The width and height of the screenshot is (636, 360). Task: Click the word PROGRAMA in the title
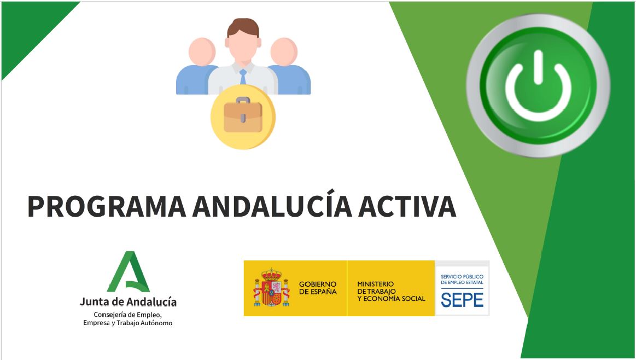[107, 206]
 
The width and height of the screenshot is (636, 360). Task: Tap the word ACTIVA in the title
[407, 206]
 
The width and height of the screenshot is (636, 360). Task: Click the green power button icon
[538, 85]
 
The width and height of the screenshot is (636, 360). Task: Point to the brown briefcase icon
[243, 117]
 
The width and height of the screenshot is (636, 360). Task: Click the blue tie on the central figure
[243, 77]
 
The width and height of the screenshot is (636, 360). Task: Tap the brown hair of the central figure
[243, 27]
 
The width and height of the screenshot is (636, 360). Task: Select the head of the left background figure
[202, 51]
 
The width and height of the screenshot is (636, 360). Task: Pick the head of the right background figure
[284, 51]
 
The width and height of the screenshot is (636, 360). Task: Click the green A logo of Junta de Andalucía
[129, 271]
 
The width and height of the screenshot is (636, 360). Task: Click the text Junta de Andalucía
[128, 302]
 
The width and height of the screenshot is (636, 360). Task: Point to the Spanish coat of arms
[271, 287]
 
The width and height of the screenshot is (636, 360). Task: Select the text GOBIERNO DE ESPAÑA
[318, 288]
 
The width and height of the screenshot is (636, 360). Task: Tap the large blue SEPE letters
[462, 300]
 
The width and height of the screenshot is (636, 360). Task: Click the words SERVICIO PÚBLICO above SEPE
[462, 277]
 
